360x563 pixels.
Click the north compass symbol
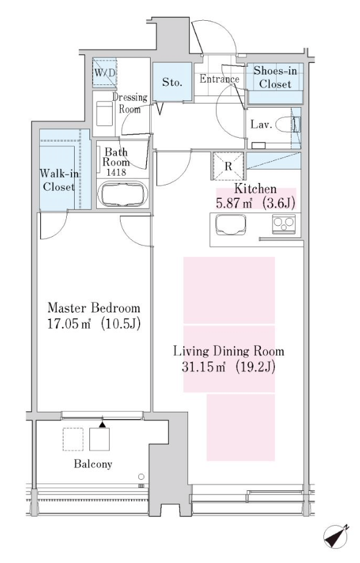[336, 538]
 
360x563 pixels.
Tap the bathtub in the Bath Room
[122, 194]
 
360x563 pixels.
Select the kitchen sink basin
[231, 225]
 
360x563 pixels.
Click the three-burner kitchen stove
[284, 224]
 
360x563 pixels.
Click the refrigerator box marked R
[228, 166]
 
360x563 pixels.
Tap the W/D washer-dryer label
[105, 73]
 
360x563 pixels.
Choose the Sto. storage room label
[172, 82]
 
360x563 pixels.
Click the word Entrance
[219, 78]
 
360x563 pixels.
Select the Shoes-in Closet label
[276, 77]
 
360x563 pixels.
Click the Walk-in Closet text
[59, 181]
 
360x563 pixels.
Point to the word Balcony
[93, 464]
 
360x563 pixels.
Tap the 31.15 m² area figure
[203, 367]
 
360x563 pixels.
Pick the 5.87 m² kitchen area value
[233, 204]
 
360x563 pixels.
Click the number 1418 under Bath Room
[116, 172]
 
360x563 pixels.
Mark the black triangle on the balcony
[102, 425]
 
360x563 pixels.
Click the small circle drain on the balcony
[141, 477]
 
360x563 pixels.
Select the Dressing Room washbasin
[105, 113]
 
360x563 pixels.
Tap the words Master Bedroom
[94, 308]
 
